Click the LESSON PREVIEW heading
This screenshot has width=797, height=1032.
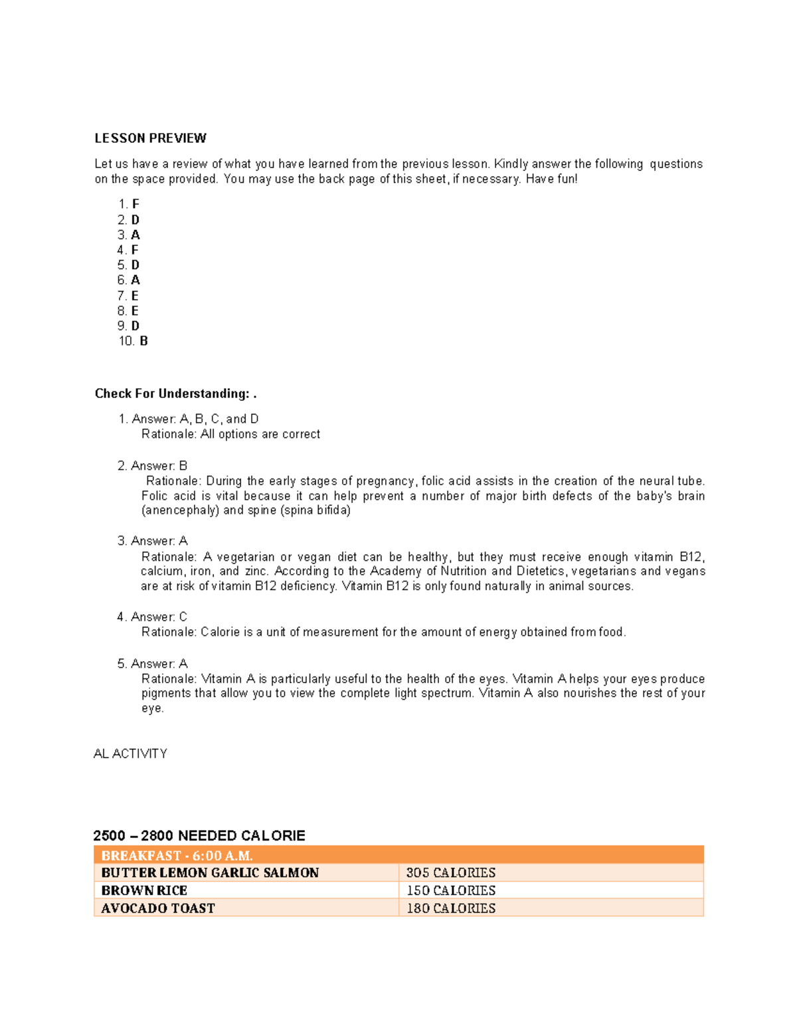(150, 138)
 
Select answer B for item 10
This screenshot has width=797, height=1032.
(143, 341)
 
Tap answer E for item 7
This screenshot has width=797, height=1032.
(135, 296)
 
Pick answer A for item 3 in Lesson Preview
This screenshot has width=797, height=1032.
(135, 235)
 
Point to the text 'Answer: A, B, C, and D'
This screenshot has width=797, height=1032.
(195, 419)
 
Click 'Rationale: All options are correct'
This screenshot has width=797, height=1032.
(230, 434)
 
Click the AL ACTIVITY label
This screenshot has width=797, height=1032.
(130, 754)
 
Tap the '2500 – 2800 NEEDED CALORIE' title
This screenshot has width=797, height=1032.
(199, 835)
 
